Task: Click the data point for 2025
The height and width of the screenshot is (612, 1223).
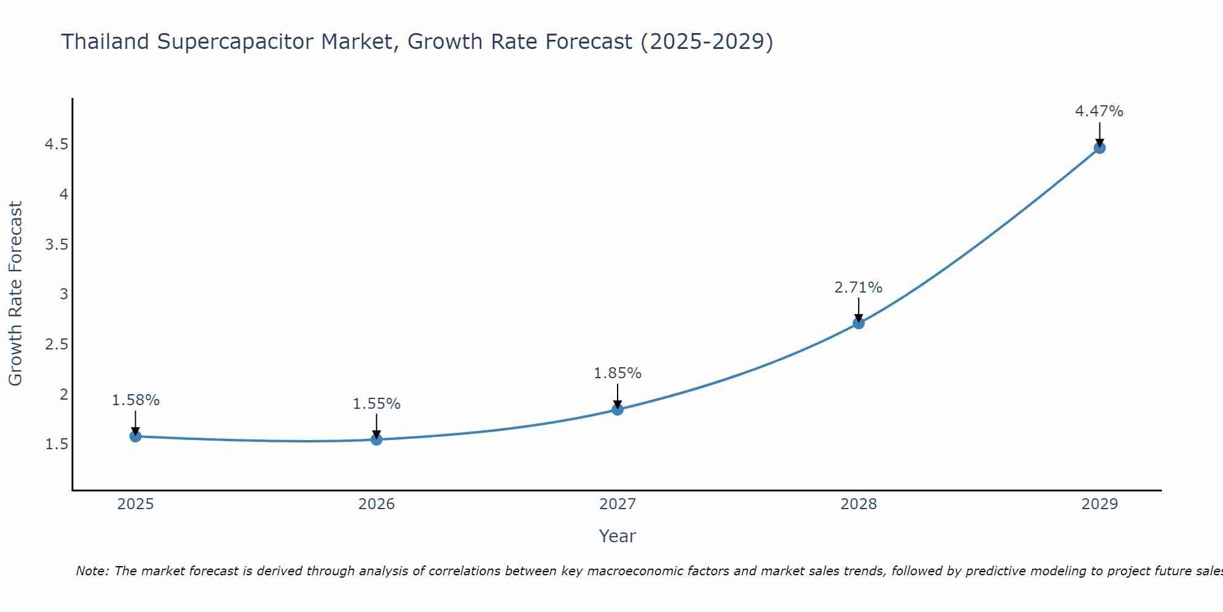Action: click(x=136, y=436)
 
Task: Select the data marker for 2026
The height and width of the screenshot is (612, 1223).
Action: click(x=377, y=439)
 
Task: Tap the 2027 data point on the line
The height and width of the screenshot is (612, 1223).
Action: click(x=618, y=409)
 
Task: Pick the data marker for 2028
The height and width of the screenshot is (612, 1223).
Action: click(x=859, y=323)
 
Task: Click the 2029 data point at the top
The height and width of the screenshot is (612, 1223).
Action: click(x=1099, y=147)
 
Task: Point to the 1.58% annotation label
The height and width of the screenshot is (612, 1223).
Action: click(x=136, y=400)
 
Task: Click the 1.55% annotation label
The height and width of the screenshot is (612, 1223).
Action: click(x=377, y=404)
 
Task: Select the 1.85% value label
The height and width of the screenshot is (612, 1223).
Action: click(x=618, y=373)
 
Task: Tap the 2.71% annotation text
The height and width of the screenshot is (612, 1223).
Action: click(x=859, y=288)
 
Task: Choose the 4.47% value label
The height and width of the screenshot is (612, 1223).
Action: click(x=1099, y=111)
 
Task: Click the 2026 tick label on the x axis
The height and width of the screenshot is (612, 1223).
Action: click(x=377, y=504)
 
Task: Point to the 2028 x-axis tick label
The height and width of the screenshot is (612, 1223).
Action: click(x=859, y=504)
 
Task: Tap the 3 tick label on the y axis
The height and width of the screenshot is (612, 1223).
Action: click(x=64, y=294)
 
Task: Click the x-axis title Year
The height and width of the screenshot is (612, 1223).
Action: click(x=618, y=536)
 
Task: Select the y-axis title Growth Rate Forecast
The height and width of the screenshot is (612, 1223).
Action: click(x=15, y=294)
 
